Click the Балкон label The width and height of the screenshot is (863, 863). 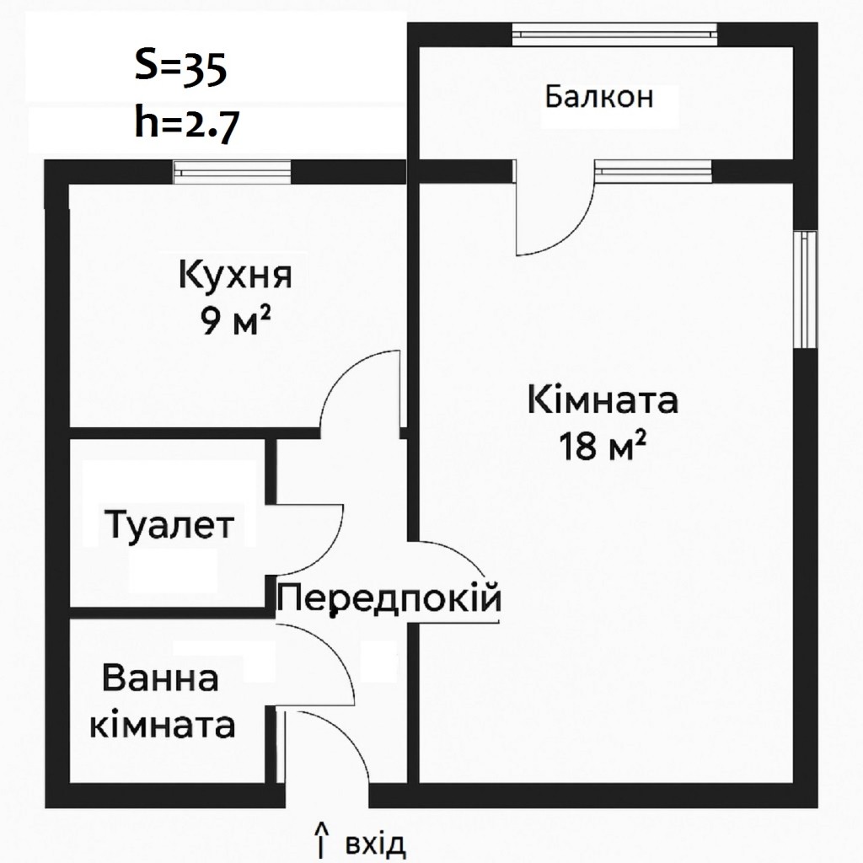click(599, 97)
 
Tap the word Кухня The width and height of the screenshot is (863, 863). click(235, 275)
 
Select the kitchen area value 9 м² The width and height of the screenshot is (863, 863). click(237, 321)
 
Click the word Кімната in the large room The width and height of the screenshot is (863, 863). click(603, 400)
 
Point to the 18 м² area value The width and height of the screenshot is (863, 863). click(602, 446)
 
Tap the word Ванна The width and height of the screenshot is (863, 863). click(160, 678)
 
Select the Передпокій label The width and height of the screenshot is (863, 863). click(389, 598)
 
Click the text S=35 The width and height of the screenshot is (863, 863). click(181, 68)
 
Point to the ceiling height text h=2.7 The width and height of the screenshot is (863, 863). click(186, 126)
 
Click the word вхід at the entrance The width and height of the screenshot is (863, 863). click(375, 844)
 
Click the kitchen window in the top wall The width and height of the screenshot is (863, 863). click(232, 172)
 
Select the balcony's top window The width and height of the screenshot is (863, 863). click(614, 35)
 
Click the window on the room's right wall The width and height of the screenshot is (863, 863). click(805, 290)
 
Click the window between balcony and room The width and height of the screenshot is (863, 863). click(653, 171)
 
